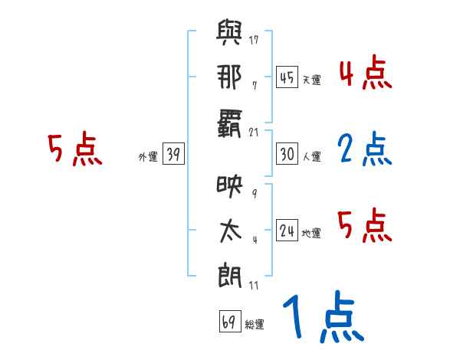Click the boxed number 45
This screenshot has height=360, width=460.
287,77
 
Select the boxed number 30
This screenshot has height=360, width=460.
287,154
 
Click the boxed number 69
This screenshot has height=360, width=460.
228,322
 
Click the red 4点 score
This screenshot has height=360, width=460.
364,74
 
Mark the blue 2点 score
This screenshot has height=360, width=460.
364,150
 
